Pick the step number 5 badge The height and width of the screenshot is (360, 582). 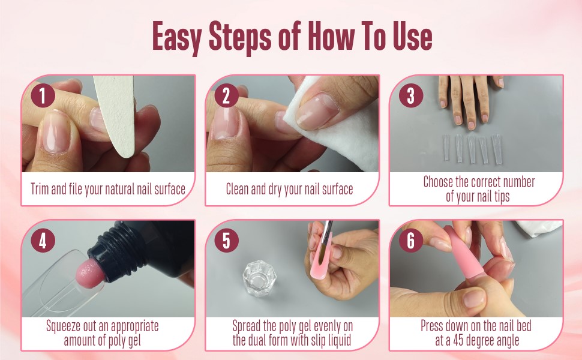coord(226,241)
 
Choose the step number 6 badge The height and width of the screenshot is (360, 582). coord(410,241)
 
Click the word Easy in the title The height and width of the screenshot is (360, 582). coord(176,37)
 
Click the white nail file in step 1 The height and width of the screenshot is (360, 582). coord(117,120)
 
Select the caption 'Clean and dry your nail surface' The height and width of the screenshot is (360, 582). coord(289,190)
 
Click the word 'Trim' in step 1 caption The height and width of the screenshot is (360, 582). coord(41,190)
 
